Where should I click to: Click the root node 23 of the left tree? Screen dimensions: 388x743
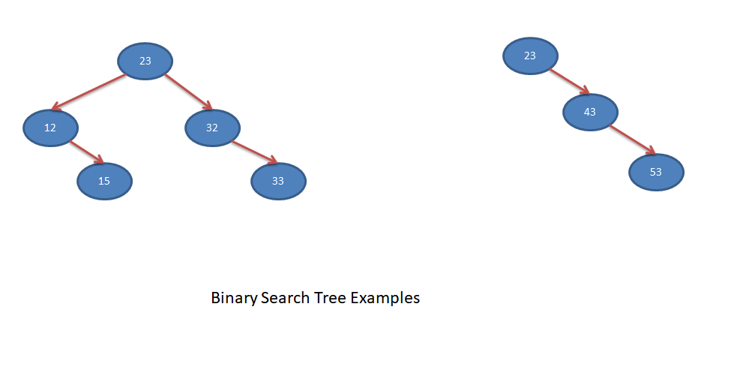point(145,61)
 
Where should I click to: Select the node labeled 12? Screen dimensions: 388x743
point(50,128)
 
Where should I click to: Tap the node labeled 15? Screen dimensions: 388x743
point(105,181)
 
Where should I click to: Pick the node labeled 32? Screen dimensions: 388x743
point(212,128)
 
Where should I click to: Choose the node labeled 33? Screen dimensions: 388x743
point(278,181)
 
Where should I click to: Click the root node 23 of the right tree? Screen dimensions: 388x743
point(530,56)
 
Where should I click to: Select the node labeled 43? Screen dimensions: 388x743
point(590,112)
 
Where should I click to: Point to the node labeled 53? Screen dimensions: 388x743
point(656,172)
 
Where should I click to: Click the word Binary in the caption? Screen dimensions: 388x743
point(233,298)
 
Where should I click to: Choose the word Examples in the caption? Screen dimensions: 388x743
point(385,298)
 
